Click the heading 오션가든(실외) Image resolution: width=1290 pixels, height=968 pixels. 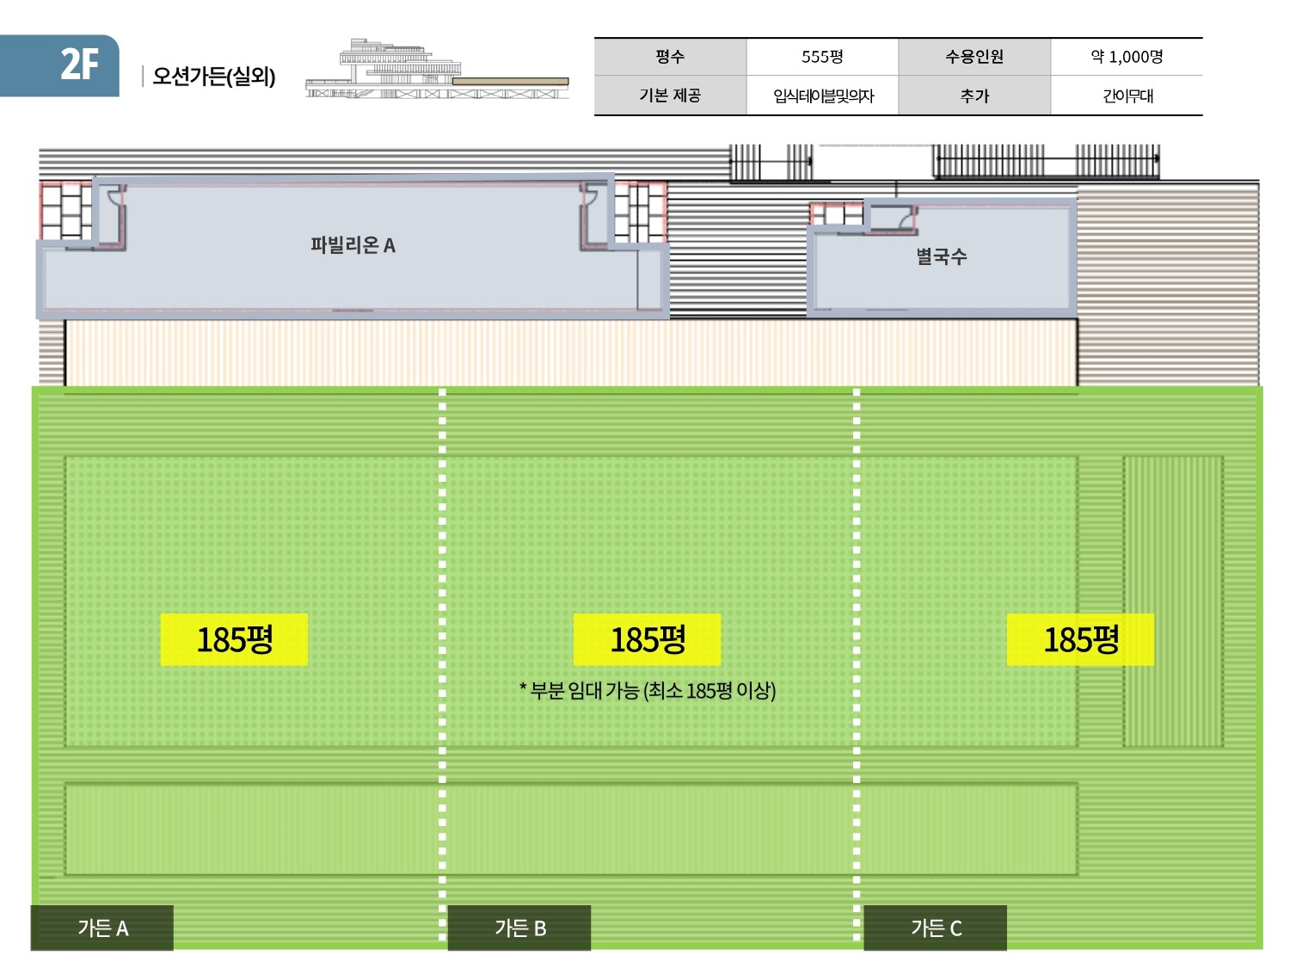(213, 77)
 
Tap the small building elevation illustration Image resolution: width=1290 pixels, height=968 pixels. (436, 71)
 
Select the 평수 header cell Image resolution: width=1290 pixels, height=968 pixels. (670, 57)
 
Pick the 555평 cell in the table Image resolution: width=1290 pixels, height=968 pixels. (822, 57)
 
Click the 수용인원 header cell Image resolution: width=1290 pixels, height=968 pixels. (974, 57)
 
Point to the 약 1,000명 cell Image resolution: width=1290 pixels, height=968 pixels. (1127, 57)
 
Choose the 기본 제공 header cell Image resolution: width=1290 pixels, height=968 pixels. (670, 96)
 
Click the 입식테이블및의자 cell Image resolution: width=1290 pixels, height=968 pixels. (822, 96)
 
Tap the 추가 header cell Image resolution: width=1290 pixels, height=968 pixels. (974, 96)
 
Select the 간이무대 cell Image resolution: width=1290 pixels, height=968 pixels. (1127, 96)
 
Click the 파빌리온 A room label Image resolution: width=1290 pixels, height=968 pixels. (353, 245)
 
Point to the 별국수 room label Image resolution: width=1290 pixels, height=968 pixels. (942, 256)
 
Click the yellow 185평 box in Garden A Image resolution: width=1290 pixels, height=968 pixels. (234, 639)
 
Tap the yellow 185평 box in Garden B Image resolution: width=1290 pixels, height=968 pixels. (647, 639)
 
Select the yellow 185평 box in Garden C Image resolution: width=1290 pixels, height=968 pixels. (1080, 639)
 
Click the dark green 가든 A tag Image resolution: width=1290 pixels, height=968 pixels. (102, 928)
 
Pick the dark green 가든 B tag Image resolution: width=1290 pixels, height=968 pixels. (519, 928)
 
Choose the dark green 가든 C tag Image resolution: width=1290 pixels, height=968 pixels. (936, 928)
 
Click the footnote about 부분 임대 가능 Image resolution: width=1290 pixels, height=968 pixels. (648, 690)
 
